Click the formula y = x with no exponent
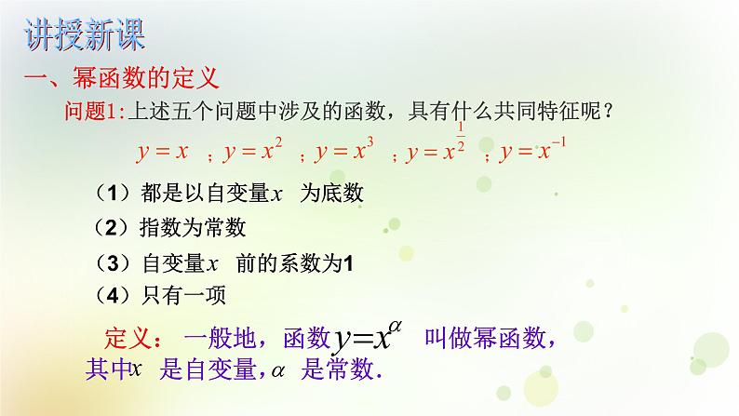point(162,151)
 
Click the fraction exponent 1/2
point(460,133)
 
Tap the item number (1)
point(114,194)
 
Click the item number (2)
point(114,228)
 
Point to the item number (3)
point(114,262)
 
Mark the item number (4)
point(114,295)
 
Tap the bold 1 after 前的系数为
point(349,263)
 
